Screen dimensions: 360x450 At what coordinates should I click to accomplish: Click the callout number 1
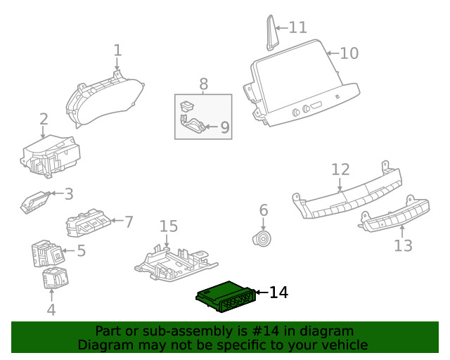point(117,50)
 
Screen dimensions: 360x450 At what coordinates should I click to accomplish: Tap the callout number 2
point(44,119)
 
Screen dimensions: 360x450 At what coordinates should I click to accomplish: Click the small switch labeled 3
point(35,202)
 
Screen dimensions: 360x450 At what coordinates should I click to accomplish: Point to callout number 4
point(51,309)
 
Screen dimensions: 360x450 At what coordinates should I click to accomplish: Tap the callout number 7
point(129,222)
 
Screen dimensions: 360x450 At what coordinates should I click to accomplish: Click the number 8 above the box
point(203,84)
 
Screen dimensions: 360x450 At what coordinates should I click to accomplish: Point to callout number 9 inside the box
point(224,127)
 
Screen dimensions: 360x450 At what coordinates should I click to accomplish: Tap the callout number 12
point(340,169)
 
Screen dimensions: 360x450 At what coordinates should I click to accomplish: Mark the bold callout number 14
point(278,292)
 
